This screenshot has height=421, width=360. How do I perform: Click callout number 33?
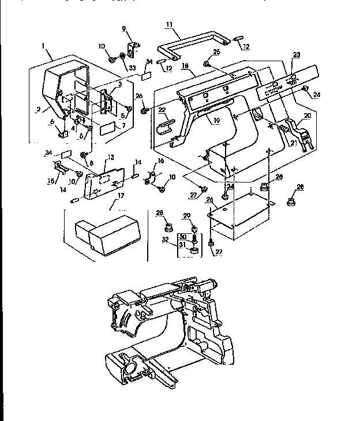coord(132,68)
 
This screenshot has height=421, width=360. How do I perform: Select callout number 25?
coord(217,52)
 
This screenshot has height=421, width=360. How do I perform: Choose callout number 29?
coord(186,215)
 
